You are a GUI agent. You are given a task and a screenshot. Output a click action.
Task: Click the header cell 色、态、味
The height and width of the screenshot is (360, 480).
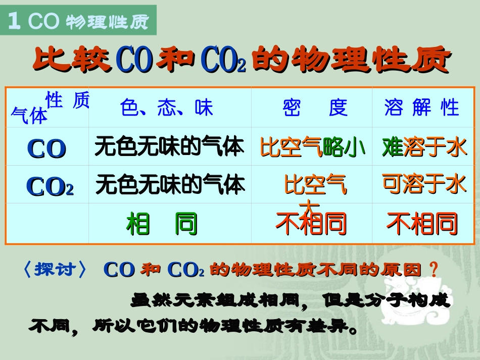coord(167,108)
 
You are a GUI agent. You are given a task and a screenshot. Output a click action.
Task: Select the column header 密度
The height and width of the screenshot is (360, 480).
coord(315,108)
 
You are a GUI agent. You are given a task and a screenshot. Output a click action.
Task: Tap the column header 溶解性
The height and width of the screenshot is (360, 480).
coord(421,108)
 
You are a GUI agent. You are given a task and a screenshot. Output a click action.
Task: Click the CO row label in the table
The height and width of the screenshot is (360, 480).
coord(46,148)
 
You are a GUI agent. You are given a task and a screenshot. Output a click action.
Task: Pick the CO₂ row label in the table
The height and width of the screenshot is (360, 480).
coord(50,186)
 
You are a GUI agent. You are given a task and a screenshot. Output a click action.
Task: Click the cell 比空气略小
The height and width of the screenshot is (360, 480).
coord(313,147)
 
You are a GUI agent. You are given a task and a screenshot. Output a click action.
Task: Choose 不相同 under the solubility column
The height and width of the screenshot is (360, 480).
coord(422,224)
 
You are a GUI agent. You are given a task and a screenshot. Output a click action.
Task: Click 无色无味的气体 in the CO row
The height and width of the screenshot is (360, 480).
coord(169,147)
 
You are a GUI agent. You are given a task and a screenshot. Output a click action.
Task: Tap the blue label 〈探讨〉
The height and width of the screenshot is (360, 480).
coord(55,270)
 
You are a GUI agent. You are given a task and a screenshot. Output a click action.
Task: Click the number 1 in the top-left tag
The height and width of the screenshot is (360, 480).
coord(15,21)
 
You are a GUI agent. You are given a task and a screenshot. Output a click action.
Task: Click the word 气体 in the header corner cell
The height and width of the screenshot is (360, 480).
coord(29,116)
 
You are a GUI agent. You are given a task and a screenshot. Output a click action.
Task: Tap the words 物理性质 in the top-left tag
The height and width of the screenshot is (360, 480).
coord(106,22)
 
